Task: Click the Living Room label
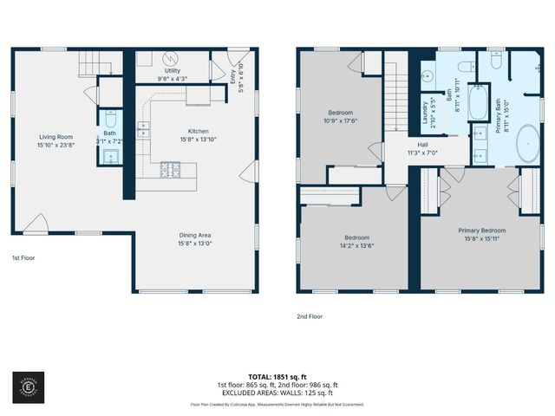click(x=55, y=136)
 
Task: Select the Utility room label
click(x=173, y=72)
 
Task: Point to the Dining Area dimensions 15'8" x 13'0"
click(x=194, y=244)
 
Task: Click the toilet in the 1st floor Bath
click(x=110, y=119)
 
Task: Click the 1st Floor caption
click(x=24, y=257)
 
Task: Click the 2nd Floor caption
click(x=310, y=316)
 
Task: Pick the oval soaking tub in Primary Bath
click(x=527, y=144)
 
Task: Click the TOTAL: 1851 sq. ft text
click(x=277, y=376)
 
